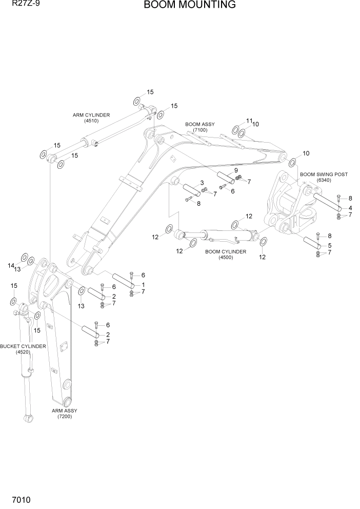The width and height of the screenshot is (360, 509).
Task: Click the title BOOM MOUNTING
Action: [x=190, y=5]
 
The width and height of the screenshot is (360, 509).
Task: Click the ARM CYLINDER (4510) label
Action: [x=91, y=118]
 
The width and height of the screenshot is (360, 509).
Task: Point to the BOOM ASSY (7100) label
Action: [x=200, y=127]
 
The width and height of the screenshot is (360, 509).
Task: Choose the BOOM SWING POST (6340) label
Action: [x=324, y=177]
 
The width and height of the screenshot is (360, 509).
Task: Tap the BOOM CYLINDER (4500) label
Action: [x=226, y=254]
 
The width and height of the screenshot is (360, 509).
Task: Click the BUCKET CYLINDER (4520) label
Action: [x=23, y=349]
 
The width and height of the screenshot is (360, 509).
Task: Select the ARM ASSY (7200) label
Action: [x=65, y=414]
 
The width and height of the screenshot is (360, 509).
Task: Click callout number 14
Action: [x=10, y=265]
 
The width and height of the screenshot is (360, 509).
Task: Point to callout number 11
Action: [x=249, y=121]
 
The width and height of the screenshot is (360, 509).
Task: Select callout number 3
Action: [x=202, y=183]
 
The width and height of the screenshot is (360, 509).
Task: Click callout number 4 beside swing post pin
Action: [x=350, y=208]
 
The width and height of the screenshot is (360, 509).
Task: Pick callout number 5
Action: [x=329, y=245]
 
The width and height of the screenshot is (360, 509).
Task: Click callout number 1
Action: [x=144, y=285]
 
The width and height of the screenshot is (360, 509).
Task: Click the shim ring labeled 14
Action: [x=24, y=257]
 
